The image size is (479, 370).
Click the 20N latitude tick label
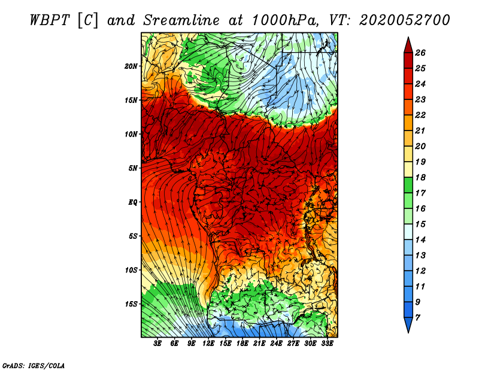(x=131, y=66)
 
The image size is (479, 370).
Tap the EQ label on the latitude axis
(x=133, y=202)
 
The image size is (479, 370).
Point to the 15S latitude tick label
(x=131, y=304)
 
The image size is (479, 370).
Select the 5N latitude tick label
(x=133, y=168)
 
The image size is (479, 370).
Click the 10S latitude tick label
(x=131, y=271)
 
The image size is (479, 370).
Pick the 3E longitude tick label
(x=157, y=344)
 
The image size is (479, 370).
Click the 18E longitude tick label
(x=242, y=344)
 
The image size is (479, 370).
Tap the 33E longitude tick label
(x=327, y=344)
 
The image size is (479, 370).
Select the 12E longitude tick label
(x=208, y=344)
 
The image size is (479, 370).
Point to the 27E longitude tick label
(x=293, y=344)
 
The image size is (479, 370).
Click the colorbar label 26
(x=420, y=53)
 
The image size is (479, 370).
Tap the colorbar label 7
(x=417, y=318)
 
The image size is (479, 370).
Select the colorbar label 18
(x=420, y=177)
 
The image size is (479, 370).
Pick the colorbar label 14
(x=420, y=240)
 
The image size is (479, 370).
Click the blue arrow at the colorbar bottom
(x=408, y=324)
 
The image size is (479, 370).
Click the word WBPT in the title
(x=50, y=20)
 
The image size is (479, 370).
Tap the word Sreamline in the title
(x=181, y=20)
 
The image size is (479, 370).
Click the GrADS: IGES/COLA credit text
(x=34, y=366)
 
